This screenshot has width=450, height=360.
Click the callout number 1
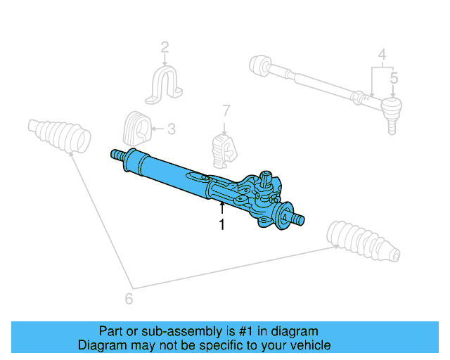pyautogui.click(x=222, y=225)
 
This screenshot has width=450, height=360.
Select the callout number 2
pyautogui.click(x=165, y=49)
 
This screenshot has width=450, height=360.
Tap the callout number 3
pyautogui.click(x=172, y=129)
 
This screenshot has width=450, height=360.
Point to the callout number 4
pyautogui.click(x=382, y=54)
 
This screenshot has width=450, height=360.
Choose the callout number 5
pyautogui.click(x=394, y=78)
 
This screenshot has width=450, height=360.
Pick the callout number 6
pyautogui.click(x=129, y=299)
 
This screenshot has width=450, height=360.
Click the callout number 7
pyautogui.click(x=226, y=110)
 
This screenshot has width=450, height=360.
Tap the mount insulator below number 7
pyautogui.click(x=224, y=149)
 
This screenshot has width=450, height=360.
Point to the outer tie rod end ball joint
pyautogui.click(x=392, y=110)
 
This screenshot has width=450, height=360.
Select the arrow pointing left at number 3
pyautogui.click(x=157, y=129)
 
